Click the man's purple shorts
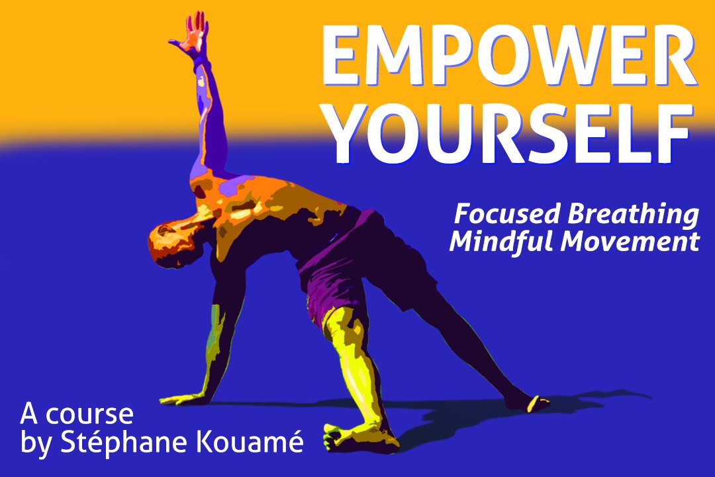point(338,265)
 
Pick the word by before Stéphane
point(34,444)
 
